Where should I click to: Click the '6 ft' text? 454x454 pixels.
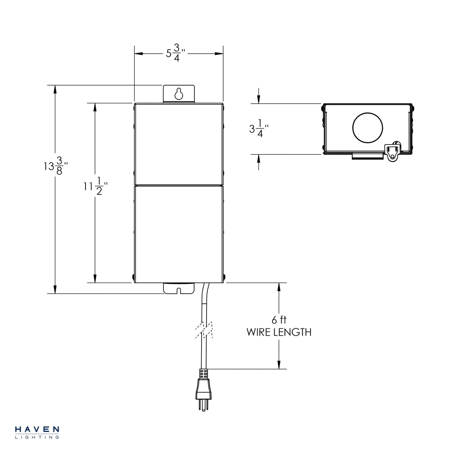coord(279,320)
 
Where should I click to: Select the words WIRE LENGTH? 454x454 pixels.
coord(279,332)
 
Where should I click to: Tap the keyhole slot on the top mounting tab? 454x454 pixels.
coord(179,93)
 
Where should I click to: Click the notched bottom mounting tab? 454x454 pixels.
coord(179,288)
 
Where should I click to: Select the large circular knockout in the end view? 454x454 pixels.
coord(368,128)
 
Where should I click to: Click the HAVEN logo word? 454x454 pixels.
coord(37,429)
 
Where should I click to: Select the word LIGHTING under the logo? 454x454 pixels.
coord(37,437)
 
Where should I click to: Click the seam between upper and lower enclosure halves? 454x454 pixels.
coord(179,185)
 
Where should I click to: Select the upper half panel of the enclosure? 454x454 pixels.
coord(179,144)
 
